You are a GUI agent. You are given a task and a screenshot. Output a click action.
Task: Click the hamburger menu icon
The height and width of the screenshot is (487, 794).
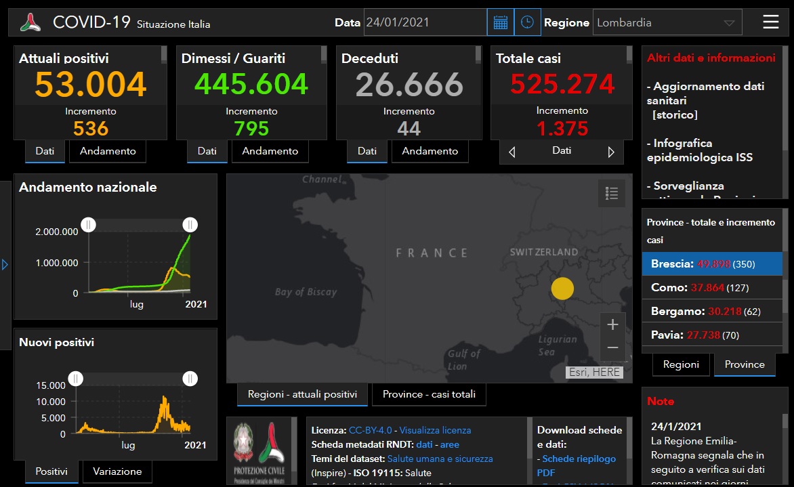coord(770,22)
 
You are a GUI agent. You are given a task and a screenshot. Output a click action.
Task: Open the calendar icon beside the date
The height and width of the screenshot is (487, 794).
coord(500,22)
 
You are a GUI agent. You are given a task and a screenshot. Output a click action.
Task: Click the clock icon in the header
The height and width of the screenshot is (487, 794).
coord(527,22)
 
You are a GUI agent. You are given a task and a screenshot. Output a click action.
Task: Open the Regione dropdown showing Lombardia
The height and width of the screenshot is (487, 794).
coord(667,22)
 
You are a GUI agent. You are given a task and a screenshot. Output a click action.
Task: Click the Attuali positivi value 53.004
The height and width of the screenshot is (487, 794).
coord(91,85)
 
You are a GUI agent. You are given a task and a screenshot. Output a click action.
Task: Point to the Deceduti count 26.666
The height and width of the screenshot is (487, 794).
coord(409,85)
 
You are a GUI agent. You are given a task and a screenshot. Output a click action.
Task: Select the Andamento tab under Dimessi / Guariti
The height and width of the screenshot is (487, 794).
coord(270,151)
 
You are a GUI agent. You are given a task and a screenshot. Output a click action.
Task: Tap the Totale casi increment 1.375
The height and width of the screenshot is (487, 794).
coord(562,128)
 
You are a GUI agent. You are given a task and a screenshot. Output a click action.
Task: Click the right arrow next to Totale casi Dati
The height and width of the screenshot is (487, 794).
coord(611,152)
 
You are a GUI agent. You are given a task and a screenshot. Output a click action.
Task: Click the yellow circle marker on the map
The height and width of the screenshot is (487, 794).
coord(562,289)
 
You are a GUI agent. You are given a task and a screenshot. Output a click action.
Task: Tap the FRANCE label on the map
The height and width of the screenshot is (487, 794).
coord(432,253)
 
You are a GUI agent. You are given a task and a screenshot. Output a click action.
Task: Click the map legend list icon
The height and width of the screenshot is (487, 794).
coord(612,194)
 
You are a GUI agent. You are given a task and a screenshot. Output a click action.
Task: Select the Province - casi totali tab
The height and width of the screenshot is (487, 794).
coord(429,394)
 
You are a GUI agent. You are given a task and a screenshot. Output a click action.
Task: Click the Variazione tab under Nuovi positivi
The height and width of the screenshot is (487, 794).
coord(117,471)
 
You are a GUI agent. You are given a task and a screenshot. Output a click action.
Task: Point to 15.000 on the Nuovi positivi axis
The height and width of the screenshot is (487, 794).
coord(51,385)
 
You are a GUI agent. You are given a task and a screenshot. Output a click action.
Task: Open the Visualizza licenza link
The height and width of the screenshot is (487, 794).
coord(435,430)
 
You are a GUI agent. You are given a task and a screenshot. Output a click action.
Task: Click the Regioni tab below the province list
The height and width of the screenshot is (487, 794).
coord(681,364)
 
